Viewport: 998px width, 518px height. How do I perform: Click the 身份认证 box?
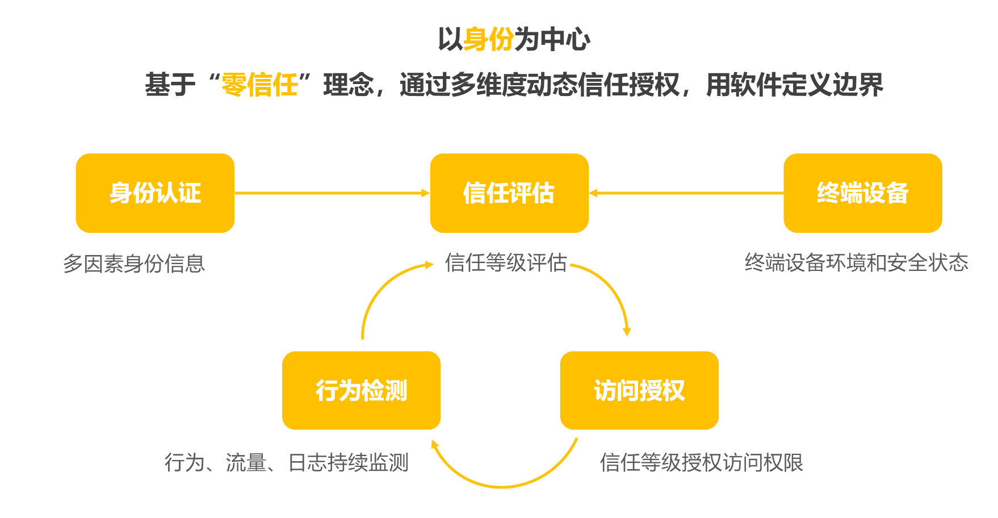tap(155, 193)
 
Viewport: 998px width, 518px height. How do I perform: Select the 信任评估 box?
tap(509, 193)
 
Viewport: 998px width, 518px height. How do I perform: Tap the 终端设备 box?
tap(863, 193)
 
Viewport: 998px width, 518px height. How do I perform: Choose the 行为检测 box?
tap(361, 390)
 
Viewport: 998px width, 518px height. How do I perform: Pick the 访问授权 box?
tap(639, 390)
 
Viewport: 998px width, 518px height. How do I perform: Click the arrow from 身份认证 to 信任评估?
tap(332, 193)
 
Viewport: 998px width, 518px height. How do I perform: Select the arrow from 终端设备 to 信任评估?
tap(686, 193)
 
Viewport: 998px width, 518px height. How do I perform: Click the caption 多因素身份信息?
tap(134, 264)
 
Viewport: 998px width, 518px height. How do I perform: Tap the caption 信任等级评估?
tap(506, 262)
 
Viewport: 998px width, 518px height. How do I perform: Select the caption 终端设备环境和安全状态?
tap(856, 262)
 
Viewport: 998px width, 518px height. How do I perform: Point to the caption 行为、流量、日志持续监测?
tap(287, 462)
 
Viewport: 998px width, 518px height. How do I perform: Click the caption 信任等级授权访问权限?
tap(701, 462)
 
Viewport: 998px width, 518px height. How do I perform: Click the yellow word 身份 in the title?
tap(489, 40)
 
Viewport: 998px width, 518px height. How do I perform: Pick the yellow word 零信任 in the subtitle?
tap(259, 85)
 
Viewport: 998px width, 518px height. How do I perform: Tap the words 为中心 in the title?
tap(552, 40)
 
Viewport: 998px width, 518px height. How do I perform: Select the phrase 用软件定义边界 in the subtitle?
tap(795, 85)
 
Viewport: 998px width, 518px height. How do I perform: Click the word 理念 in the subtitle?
tap(349, 85)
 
